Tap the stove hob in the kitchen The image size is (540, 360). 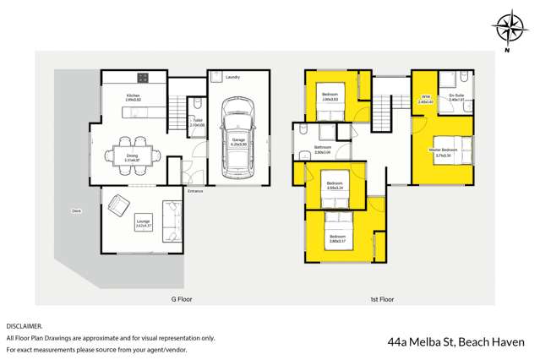tap(144, 79)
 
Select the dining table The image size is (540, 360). tap(132, 155)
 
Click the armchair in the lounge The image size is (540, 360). tap(117, 203)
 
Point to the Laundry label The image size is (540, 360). tap(233, 77)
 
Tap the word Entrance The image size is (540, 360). tap(195, 191)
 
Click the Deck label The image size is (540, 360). tap(76, 210)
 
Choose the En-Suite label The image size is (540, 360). tap(455, 97)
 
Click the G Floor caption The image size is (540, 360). tap(172, 300)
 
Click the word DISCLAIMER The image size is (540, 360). tap(24, 325)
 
